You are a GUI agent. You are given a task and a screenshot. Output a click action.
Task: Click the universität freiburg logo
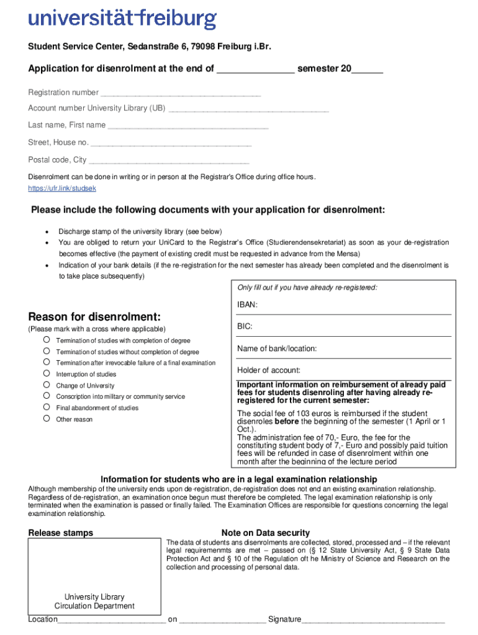pos(122,19)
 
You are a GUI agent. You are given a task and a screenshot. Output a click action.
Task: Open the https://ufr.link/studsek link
pos(62,188)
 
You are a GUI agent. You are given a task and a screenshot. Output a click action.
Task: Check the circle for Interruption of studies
pos(47,374)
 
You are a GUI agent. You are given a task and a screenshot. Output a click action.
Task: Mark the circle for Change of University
pos(47,385)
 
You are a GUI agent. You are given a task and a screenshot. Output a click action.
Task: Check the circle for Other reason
pos(47,419)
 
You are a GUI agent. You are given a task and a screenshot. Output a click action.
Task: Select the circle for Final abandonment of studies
pos(47,407)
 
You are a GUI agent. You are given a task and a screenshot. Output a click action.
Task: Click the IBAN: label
pos(248,304)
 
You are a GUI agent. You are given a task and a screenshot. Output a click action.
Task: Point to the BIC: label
pos(245,326)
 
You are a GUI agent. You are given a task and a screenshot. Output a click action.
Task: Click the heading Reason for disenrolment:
pos(94,317)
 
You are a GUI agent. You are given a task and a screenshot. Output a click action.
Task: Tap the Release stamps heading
pos(61,533)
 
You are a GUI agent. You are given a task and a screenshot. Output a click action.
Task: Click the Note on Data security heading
pos(265,533)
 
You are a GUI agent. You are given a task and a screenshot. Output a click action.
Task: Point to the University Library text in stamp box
pos(94,597)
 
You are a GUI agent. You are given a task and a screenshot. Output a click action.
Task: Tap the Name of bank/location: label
pos(277,349)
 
